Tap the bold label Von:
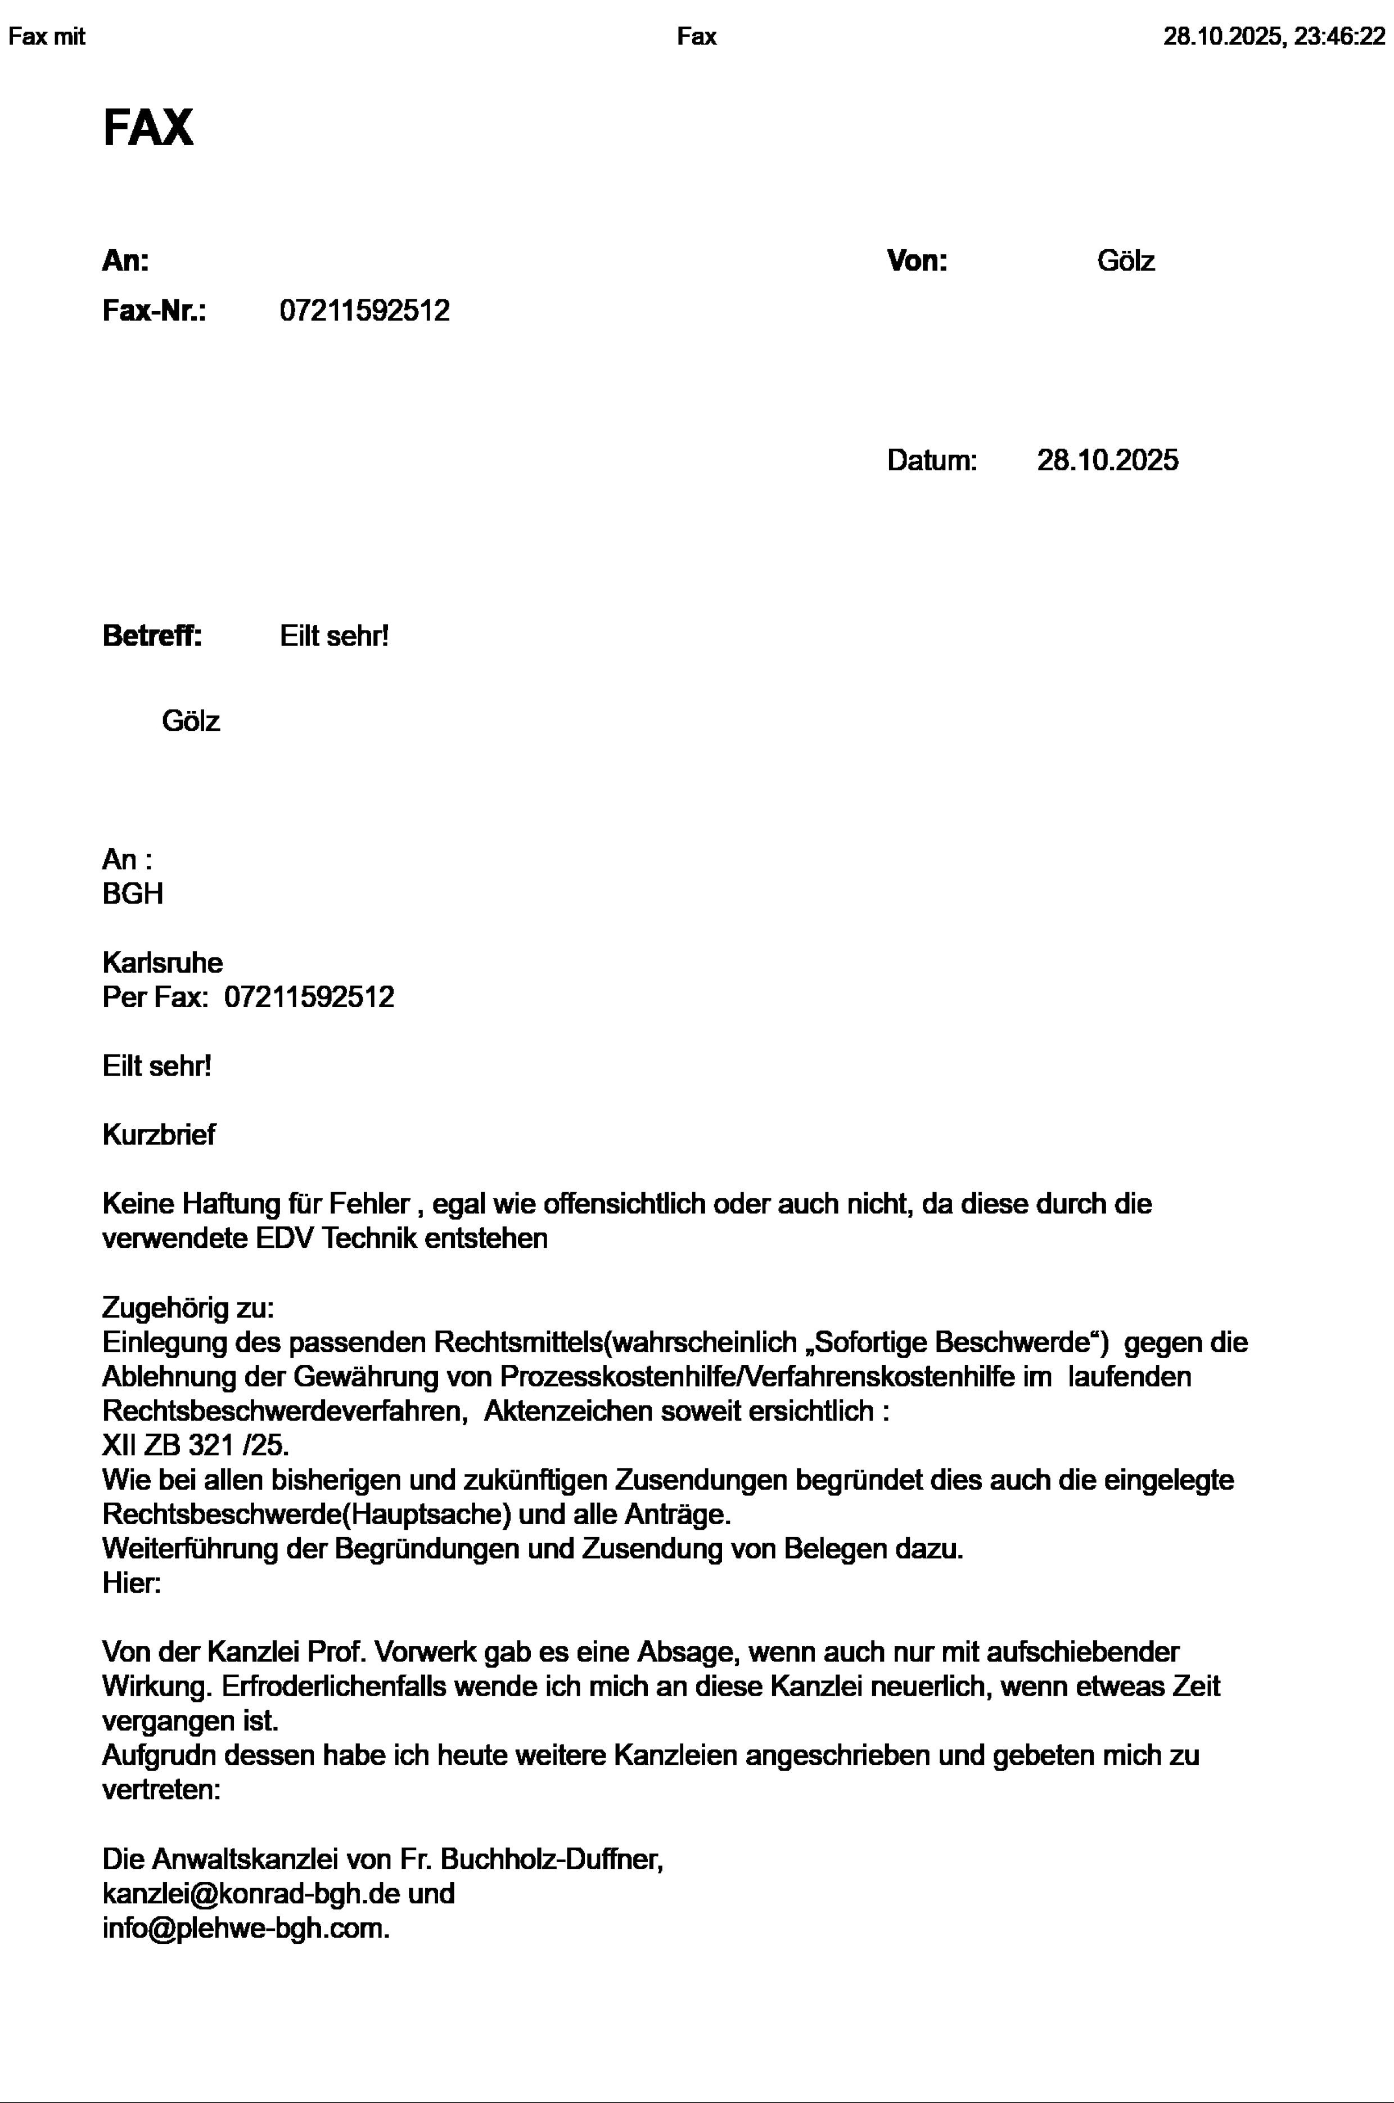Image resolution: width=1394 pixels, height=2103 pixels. [x=917, y=262]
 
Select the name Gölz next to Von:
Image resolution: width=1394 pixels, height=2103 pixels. [x=1126, y=262]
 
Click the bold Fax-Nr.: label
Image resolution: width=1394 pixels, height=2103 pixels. [x=154, y=311]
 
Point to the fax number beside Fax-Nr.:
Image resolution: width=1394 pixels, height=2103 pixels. [x=364, y=311]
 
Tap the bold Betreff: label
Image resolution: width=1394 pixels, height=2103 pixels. [x=152, y=637]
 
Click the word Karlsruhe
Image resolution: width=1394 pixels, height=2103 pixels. [x=163, y=963]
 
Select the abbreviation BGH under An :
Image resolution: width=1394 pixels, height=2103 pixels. [x=133, y=893]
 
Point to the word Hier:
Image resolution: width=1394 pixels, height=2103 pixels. [x=132, y=1584]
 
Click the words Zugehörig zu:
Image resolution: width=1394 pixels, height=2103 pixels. [x=188, y=1308]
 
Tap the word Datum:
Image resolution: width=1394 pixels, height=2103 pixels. [x=932, y=461]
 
